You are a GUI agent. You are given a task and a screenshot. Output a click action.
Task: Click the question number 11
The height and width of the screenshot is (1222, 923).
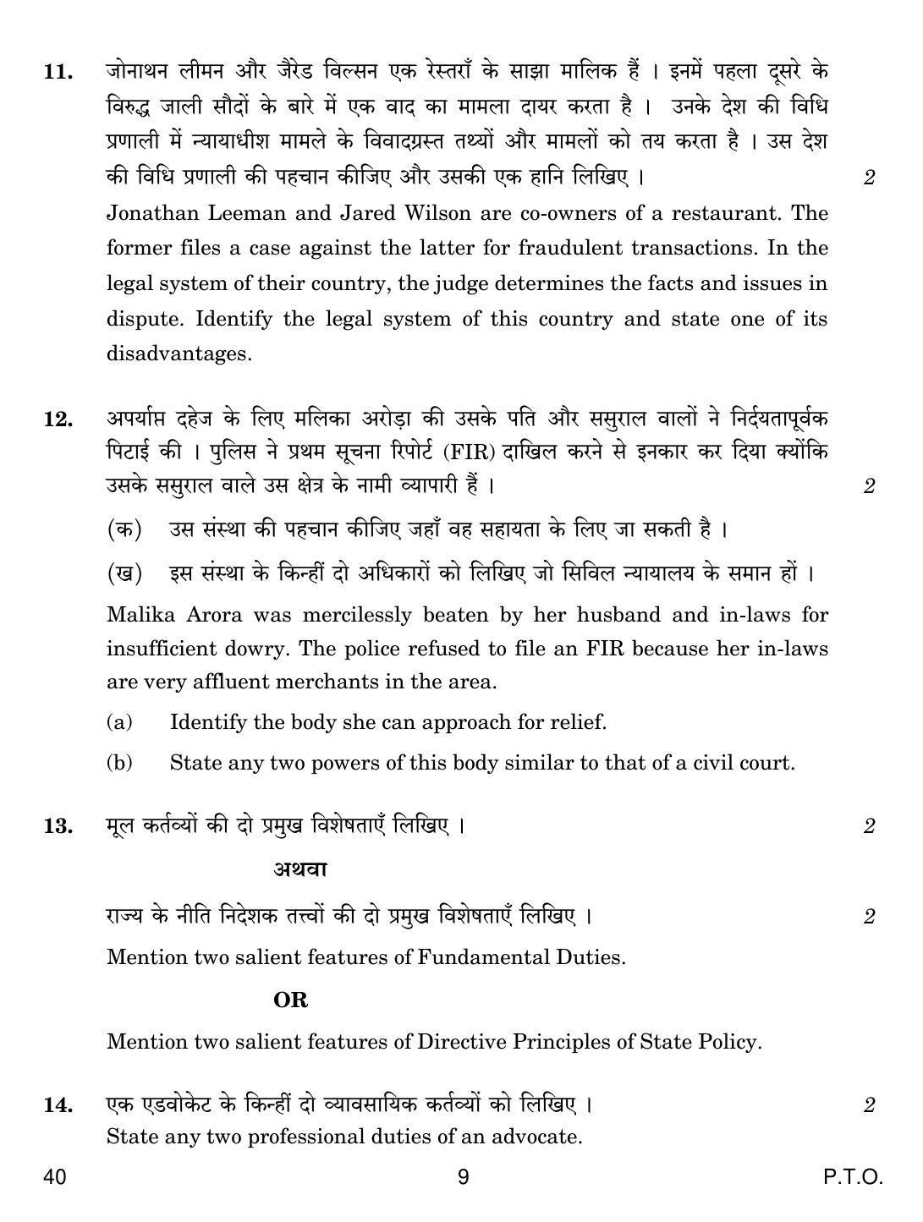click(57, 72)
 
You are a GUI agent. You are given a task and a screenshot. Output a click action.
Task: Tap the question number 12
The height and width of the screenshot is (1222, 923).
click(57, 419)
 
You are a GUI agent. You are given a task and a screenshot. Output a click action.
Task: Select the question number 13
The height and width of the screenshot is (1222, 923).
click(57, 826)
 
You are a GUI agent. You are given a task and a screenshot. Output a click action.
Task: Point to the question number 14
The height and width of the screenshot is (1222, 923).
click(57, 1104)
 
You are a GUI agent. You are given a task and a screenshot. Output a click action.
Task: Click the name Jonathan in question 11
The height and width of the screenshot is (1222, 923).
click(151, 213)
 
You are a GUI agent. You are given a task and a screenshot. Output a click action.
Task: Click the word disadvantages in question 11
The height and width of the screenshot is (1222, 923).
click(179, 354)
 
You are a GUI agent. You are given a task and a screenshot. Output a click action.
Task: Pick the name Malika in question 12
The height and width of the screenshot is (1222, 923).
click(141, 616)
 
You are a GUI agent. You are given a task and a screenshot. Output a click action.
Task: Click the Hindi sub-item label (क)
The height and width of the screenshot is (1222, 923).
click(124, 530)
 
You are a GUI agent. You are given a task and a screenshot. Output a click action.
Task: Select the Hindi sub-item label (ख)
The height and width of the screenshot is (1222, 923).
click(124, 573)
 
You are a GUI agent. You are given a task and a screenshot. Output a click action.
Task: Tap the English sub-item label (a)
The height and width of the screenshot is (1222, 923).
click(119, 722)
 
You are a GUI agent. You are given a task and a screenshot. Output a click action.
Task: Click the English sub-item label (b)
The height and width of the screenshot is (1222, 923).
click(119, 764)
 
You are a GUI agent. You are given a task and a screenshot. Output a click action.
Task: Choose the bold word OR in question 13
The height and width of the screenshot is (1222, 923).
click(290, 1000)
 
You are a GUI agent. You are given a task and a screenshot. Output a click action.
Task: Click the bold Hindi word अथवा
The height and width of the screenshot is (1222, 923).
click(300, 869)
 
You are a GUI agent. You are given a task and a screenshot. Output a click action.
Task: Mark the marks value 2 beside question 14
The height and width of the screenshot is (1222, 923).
click(869, 1104)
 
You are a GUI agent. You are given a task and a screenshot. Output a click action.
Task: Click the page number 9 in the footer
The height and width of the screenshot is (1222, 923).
click(463, 1176)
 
